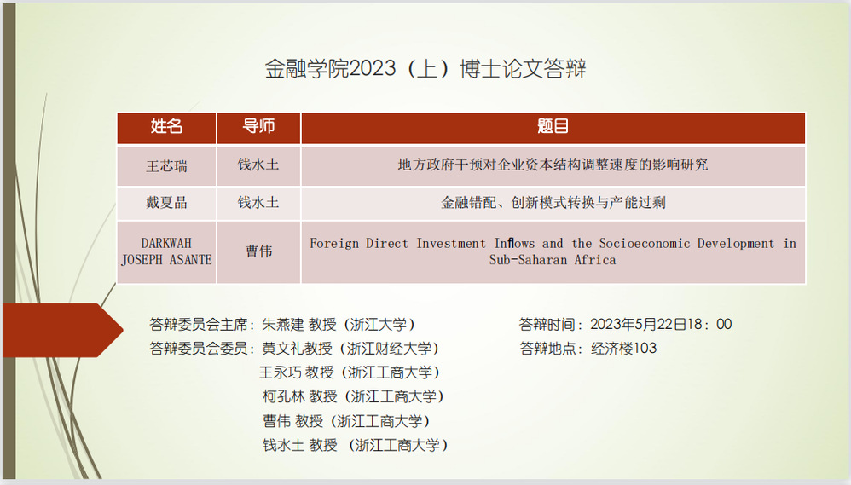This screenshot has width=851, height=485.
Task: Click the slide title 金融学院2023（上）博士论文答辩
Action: tap(425, 69)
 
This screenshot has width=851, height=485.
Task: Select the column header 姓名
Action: tap(166, 126)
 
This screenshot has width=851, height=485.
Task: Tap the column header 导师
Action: tap(258, 126)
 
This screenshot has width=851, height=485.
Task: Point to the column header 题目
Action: tap(553, 126)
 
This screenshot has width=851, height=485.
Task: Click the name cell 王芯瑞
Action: tap(166, 165)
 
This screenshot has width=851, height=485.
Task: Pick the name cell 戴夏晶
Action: tap(166, 203)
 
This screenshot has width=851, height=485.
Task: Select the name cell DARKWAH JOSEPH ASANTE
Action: tap(166, 251)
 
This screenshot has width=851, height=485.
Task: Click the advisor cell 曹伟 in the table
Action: tap(259, 251)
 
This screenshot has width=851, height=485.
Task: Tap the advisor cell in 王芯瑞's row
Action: tap(258, 165)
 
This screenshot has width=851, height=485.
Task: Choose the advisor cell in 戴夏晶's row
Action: tap(258, 202)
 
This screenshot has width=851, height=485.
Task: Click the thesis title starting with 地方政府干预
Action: tap(553, 165)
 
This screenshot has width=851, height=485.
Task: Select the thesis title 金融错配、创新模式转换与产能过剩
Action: tap(553, 202)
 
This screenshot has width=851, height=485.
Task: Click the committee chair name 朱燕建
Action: tap(283, 325)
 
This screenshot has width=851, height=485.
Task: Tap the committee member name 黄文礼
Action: tap(283, 349)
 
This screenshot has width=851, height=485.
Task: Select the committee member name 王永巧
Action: tap(280, 372)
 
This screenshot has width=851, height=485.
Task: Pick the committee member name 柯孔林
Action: tap(284, 396)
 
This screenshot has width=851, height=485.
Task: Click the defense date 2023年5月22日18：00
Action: tap(661, 325)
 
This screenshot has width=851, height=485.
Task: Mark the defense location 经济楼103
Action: tap(623, 349)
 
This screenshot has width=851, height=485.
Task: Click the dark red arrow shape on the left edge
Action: tap(63, 331)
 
